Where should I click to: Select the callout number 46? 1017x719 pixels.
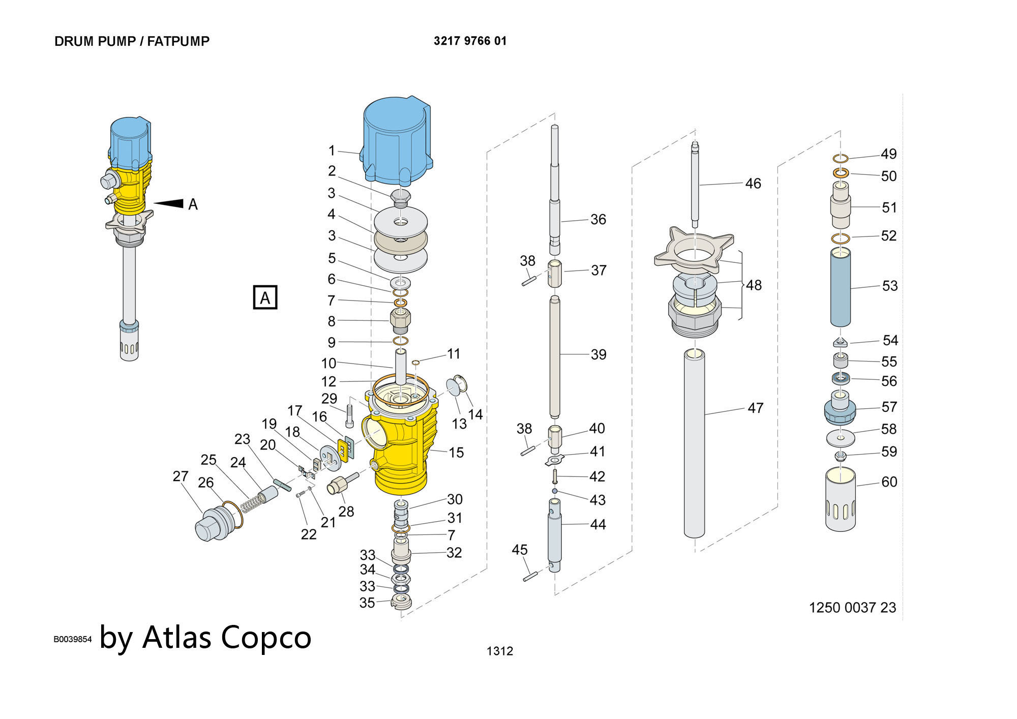pos(753,184)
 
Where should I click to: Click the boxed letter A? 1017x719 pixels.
pos(265,297)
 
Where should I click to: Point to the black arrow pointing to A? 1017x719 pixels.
pos(169,203)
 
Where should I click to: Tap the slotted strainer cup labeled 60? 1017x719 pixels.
pos(840,501)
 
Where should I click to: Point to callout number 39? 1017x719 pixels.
pos(599,354)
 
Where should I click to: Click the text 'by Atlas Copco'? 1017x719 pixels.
pos(205,637)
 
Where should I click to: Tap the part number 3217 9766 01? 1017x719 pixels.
pos(470,41)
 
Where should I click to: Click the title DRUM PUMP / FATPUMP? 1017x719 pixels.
pos(132,41)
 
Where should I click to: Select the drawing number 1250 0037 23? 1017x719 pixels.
pos(852,608)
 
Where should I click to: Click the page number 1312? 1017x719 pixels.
pos(499,651)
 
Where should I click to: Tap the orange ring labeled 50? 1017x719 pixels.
pos(841,173)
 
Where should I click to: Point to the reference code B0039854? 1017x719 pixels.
pos(73,639)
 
